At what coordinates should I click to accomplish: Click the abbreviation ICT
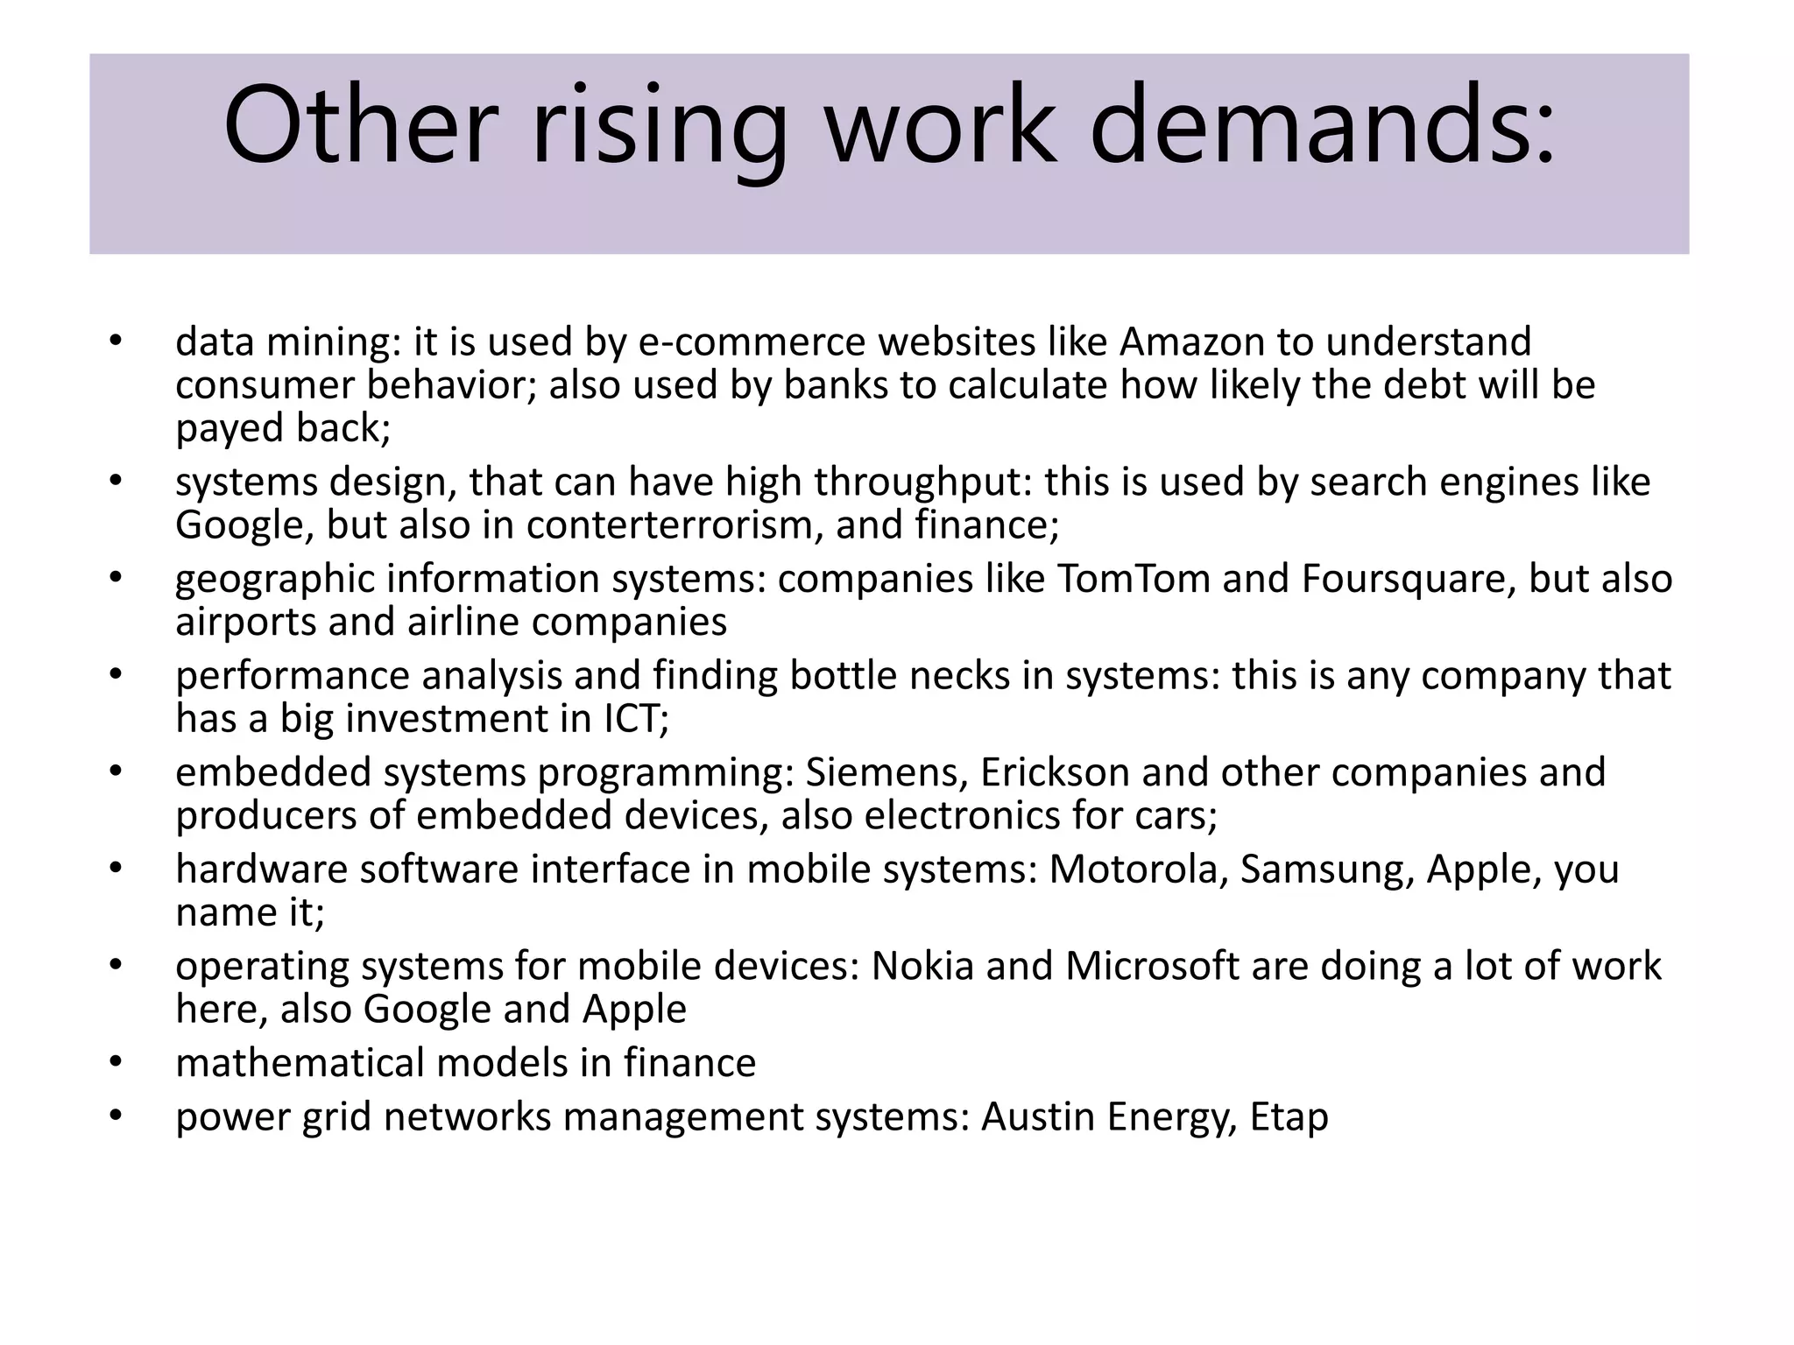click(632, 719)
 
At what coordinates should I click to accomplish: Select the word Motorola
click(1139, 870)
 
